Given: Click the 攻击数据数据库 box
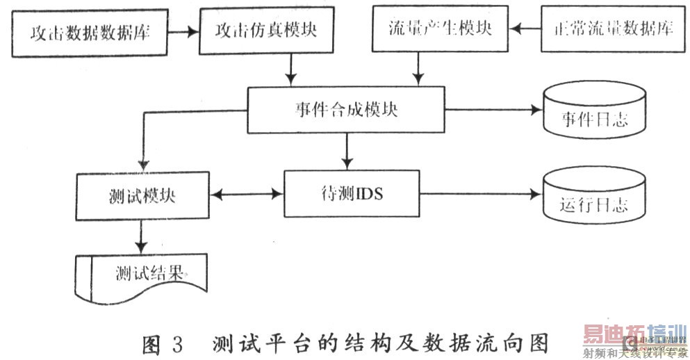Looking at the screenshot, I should [x=90, y=33].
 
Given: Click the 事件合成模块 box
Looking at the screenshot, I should [x=345, y=111].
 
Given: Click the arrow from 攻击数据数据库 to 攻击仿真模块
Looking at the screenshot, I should [x=184, y=31].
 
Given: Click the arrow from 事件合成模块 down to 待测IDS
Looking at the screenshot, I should [x=345, y=152].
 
